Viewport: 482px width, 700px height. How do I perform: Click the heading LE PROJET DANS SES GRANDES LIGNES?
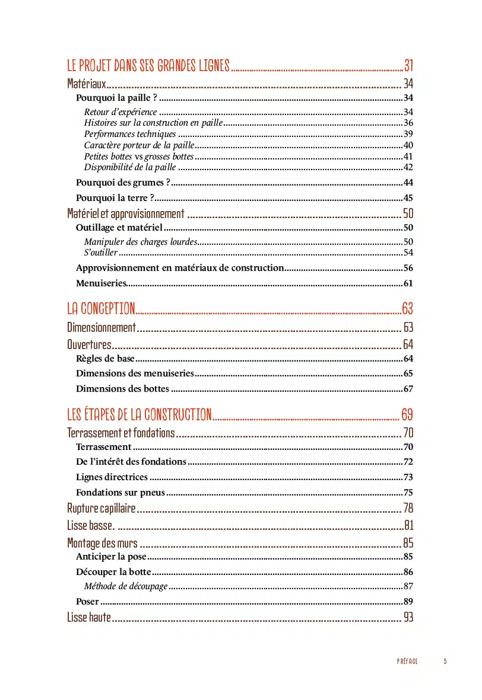pos(148,65)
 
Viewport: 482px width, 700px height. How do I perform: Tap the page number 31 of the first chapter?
pos(408,65)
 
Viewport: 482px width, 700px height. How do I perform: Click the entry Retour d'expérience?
pos(120,112)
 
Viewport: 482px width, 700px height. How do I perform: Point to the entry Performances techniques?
pos(130,134)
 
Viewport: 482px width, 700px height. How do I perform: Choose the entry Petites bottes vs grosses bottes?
pos(139,156)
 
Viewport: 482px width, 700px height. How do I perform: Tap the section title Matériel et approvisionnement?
pos(126,214)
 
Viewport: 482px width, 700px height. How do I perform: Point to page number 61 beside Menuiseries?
pos(408,283)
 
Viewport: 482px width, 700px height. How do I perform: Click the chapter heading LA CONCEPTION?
pos(101,308)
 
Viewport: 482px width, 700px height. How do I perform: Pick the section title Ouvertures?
pos(89,344)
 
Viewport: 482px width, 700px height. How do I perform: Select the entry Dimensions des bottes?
pos(123,389)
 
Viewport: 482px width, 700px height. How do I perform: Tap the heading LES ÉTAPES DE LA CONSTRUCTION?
pos(139,414)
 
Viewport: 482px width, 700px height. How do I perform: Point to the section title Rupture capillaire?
pos(102,508)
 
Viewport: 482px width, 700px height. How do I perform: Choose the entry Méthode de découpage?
pos(126,586)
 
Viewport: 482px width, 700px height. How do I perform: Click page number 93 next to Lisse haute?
pos(408,617)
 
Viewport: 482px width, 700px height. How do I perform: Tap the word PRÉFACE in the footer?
pos(407,661)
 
